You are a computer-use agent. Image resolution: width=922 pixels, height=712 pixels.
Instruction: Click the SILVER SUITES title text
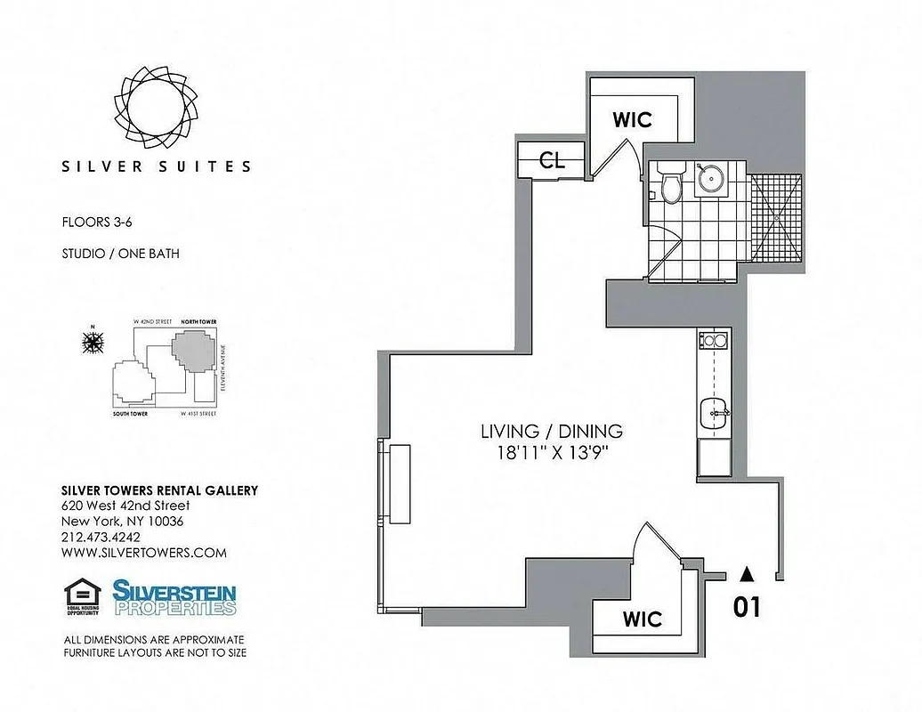coord(157,166)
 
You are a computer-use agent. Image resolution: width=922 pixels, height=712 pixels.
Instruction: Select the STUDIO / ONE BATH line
coord(120,254)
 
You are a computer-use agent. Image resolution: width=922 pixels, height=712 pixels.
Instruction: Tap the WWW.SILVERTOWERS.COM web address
coord(143,553)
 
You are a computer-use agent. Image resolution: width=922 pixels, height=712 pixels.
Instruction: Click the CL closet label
coord(552,160)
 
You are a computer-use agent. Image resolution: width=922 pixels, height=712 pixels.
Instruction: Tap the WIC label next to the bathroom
coord(633,118)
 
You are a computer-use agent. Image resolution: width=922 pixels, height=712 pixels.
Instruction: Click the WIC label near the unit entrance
coord(643,618)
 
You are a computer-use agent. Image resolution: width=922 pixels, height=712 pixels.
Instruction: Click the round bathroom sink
coord(711,178)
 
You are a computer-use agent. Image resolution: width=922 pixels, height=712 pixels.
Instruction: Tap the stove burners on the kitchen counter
coord(713,340)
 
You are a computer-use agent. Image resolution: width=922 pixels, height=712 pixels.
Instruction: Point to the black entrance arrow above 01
coord(748,575)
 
